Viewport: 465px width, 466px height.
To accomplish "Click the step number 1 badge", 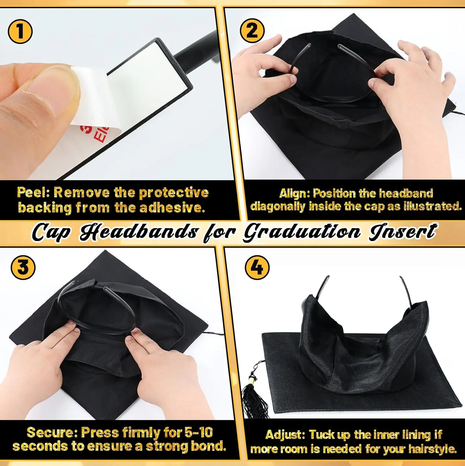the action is [20, 31].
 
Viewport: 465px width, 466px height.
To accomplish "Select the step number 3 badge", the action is [23, 267].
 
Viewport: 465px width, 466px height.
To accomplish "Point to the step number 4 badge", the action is [257, 267].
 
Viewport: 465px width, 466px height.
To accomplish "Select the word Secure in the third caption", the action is [53, 432].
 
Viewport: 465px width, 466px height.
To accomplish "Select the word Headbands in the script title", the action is [139, 232].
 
